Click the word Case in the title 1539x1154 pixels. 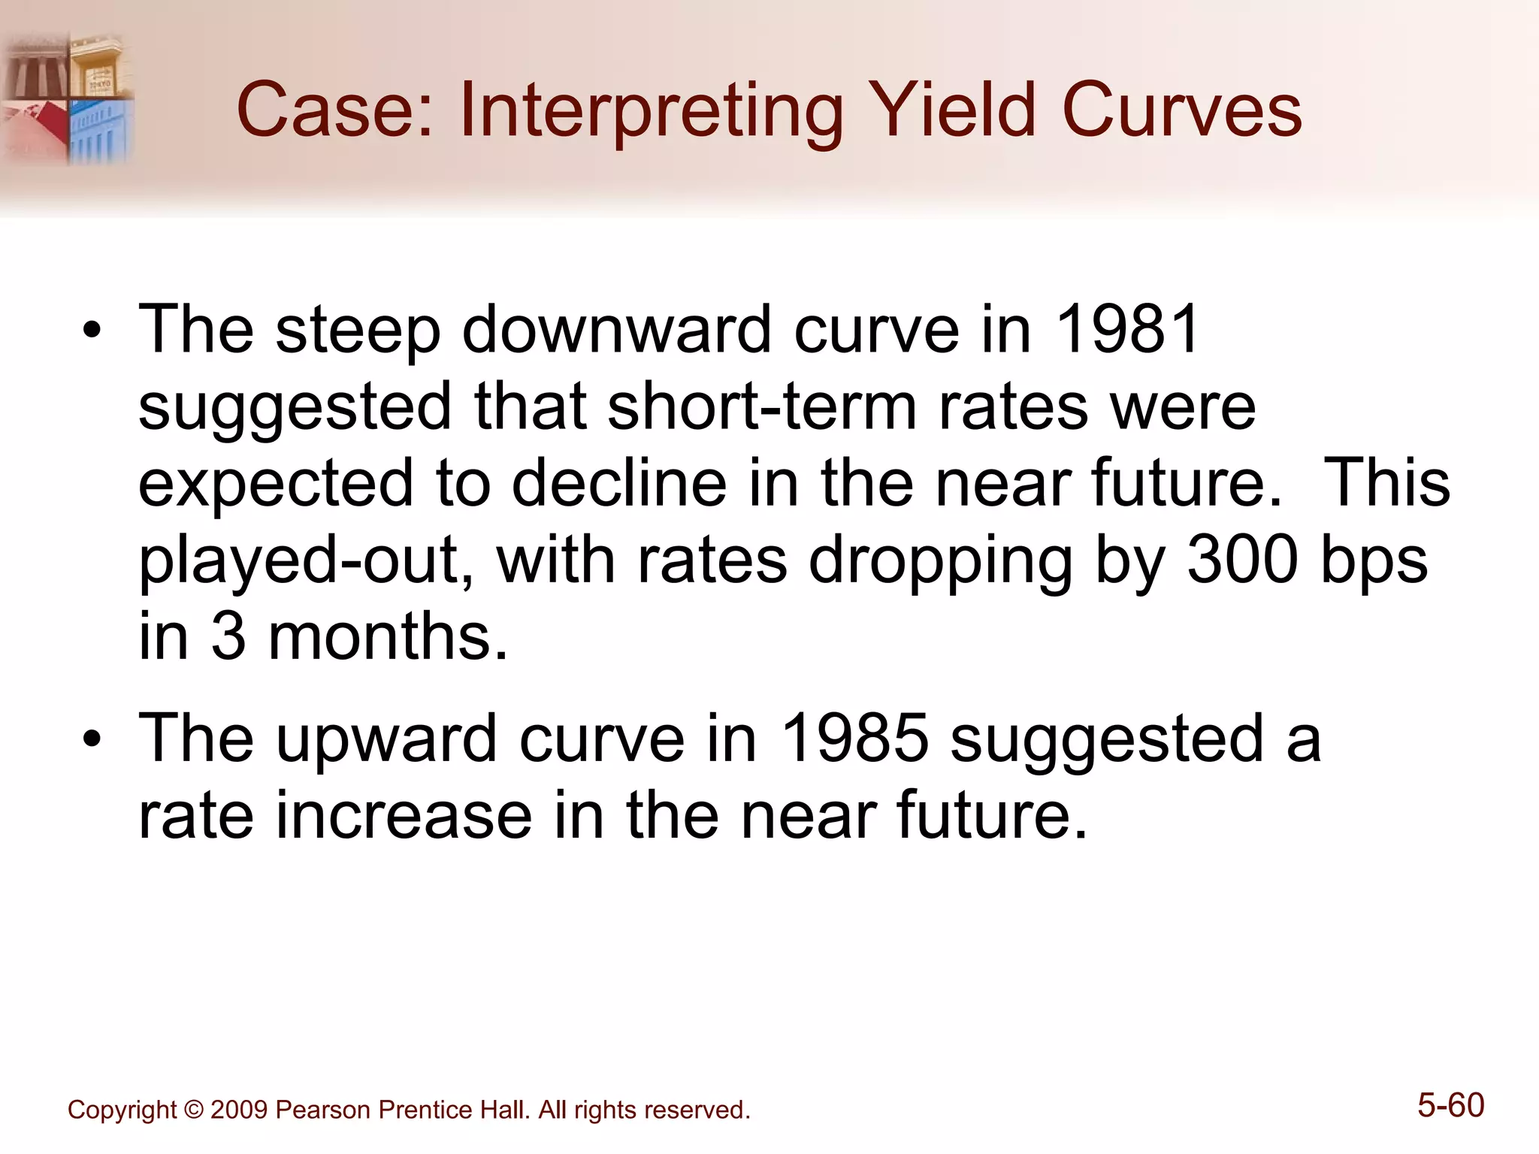click(x=335, y=110)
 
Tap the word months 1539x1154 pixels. click(x=388, y=636)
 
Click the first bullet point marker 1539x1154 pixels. click(x=92, y=331)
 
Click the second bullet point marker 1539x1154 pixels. click(x=92, y=739)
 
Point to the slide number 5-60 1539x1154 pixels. click(x=1450, y=1106)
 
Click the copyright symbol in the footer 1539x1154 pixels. click(x=194, y=1110)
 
